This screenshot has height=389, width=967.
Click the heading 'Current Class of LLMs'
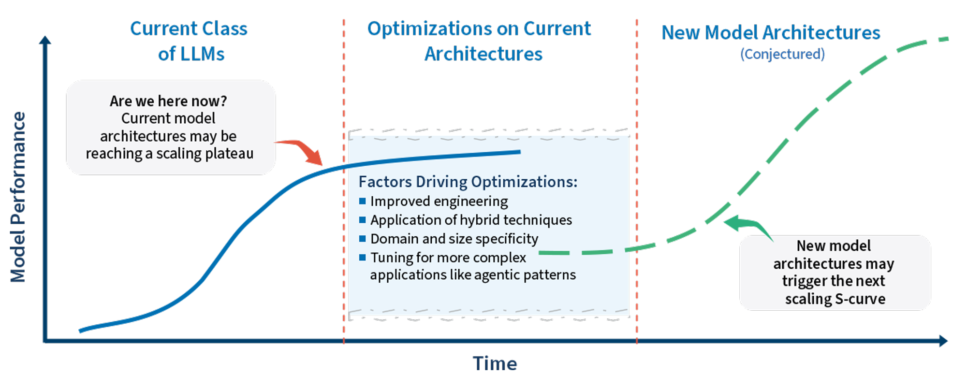189,41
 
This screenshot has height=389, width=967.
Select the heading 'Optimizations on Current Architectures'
479,41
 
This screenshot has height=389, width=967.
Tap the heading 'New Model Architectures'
771,33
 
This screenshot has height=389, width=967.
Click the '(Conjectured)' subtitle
782,54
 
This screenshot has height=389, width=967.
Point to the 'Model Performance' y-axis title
18,197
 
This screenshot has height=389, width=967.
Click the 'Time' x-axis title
495,363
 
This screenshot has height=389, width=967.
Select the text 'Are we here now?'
168,101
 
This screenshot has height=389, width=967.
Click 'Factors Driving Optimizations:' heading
468,182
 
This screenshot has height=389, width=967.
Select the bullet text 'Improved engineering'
439,201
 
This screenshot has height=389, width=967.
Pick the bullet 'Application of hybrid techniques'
471,220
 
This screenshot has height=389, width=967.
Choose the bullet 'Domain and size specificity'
454,239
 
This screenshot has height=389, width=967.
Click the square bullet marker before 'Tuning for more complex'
363,258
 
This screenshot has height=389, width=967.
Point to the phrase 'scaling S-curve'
835,299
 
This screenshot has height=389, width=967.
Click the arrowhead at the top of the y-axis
45,40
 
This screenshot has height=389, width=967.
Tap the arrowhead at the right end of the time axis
943,341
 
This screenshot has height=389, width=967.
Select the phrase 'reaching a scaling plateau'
170,154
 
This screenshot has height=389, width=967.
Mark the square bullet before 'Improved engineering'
363,201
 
